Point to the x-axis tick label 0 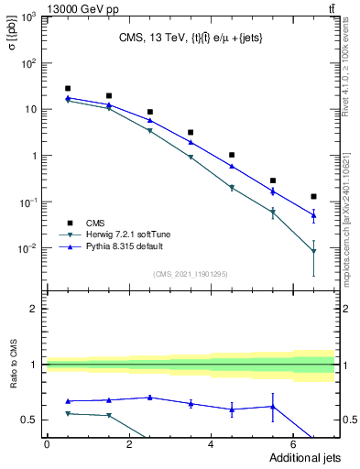[x=47, y=444]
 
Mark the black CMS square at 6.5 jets [x=314, y=196]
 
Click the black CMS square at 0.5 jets [x=67, y=88]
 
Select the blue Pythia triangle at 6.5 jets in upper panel [x=314, y=216]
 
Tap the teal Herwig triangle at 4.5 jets [x=232, y=188]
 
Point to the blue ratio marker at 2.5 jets [x=149, y=398]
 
